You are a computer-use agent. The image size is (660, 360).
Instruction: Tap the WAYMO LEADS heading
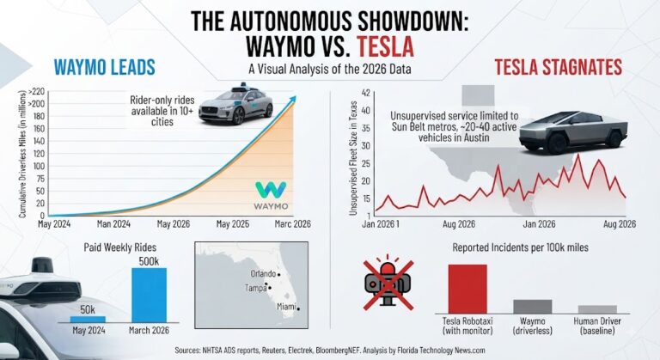point(105,67)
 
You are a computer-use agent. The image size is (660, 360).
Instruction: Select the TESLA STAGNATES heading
point(558,67)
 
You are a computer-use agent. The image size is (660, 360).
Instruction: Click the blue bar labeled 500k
point(149,296)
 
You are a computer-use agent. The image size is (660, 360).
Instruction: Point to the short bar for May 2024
point(88,320)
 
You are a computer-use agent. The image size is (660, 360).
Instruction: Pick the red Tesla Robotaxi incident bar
point(467,289)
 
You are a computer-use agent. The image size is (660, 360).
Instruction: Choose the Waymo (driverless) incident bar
point(533,307)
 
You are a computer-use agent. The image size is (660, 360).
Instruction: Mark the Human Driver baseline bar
point(597,309)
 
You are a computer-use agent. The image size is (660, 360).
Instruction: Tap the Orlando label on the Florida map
point(264,274)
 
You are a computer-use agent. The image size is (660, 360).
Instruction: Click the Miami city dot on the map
point(298,309)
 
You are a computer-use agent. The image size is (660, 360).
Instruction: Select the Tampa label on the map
point(256,288)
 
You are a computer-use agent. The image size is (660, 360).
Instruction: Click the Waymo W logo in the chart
point(271,190)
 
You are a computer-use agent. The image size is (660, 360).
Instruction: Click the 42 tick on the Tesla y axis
point(365,93)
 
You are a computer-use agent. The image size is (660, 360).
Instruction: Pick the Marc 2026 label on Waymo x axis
point(292,224)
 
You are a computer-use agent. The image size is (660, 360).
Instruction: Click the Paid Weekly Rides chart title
point(120,247)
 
